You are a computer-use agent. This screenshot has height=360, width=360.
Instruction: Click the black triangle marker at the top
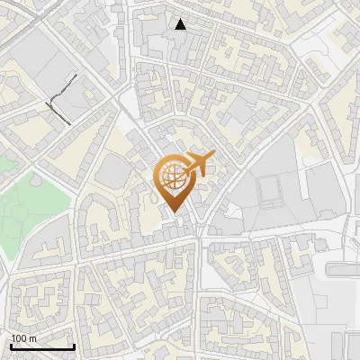[181, 24]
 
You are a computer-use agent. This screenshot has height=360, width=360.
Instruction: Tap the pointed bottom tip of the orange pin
[174, 215]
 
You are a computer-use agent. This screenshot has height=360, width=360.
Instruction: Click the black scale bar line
[42, 346]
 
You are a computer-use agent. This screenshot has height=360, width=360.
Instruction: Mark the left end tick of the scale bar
[11, 345]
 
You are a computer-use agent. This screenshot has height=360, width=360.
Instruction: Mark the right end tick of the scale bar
[74, 345]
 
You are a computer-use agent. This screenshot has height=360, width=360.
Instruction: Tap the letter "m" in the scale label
[33, 337]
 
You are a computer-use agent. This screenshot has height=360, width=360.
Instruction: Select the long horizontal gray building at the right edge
[344, 269]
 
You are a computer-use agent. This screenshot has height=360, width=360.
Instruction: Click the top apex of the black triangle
[181, 19]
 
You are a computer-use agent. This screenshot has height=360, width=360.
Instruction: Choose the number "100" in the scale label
[20, 337]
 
